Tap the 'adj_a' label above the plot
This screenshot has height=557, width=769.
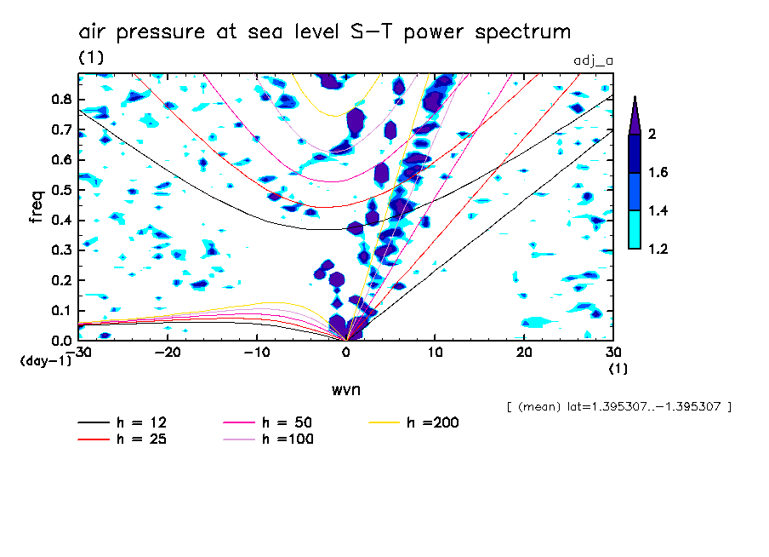point(594,60)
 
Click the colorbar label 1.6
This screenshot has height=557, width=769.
point(658,173)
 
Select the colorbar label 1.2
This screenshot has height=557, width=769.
point(658,249)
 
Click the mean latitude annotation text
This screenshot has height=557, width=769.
point(618,407)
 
